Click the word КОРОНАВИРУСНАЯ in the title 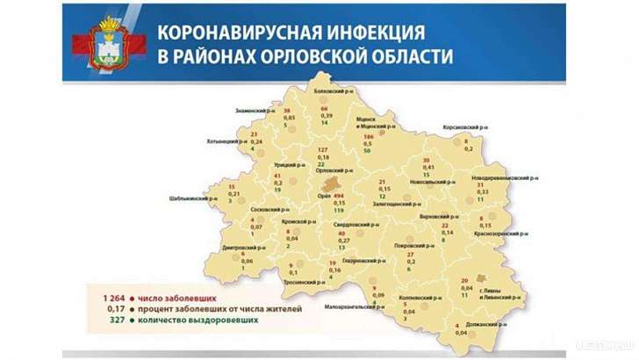click(231, 33)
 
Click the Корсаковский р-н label click(465, 126)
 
